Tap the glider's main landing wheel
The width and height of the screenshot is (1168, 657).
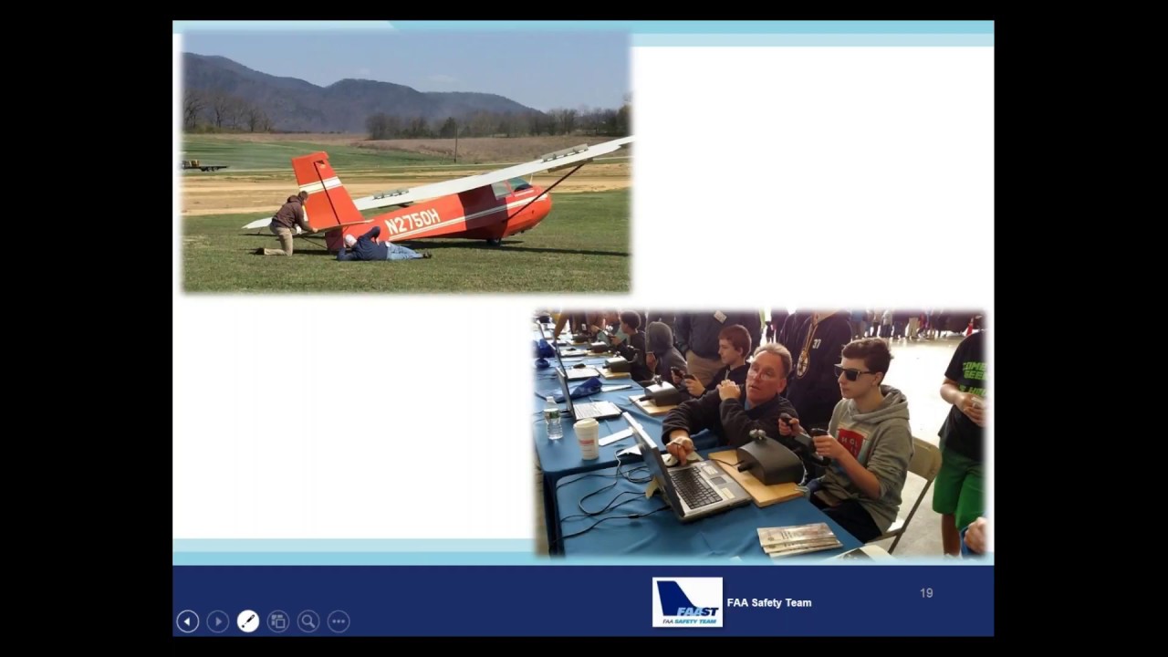pyautogui.click(x=495, y=241)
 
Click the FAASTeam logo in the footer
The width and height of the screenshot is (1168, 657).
pyautogui.click(x=687, y=601)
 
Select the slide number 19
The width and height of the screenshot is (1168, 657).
pyautogui.click(x=926, y=593)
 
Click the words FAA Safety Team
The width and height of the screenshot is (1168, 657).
pyautogui.click(x=768, y=602)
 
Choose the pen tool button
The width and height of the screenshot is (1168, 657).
pyautogui.click(x=247, y=621)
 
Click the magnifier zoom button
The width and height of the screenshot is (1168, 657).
pyautogui.click(x=308, y=621)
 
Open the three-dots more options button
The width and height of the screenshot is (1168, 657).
pyautogui.click(x=339, y=621)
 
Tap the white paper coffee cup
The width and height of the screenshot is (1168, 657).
pyautogui.click(x=587, y=438)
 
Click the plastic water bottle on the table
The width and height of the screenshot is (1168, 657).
pyautogui.click(x=553, y=422)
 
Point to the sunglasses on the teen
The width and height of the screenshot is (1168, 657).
pyautogui.click(x=853, y=372)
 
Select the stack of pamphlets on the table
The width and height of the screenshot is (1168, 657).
pyautogui.click(x=798, y=539)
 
